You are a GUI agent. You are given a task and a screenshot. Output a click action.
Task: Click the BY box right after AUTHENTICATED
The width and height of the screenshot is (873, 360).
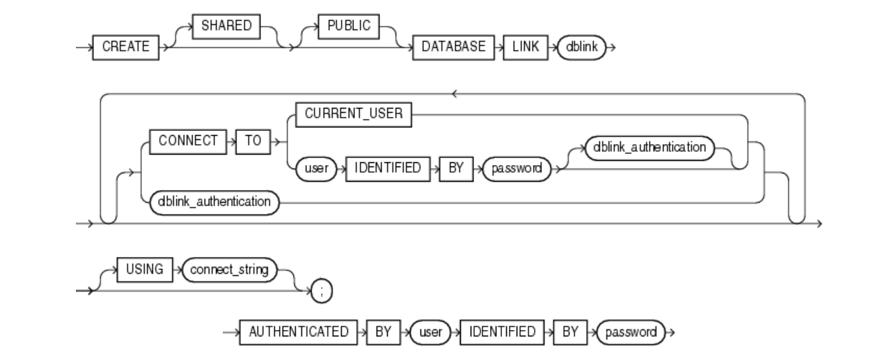(x=384, y=331)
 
